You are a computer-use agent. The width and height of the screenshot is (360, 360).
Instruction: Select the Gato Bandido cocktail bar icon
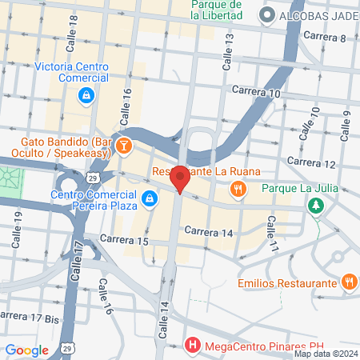point(125,146)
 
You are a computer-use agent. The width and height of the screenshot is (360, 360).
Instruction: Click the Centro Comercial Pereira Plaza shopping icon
point(149,198)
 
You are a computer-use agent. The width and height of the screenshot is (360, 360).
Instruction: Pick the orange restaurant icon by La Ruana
point(238,189)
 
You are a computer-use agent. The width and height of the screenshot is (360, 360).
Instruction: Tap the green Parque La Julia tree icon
point(317,206)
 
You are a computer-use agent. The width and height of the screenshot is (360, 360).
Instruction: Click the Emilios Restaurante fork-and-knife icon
point(349,282)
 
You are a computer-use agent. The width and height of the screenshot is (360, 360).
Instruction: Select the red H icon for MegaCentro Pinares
point(192,346)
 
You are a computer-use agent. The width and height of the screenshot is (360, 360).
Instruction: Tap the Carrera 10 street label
point(256,93)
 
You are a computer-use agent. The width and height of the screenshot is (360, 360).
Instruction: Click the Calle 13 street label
point(227,49)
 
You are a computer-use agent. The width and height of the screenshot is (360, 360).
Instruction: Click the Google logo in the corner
point(27,350)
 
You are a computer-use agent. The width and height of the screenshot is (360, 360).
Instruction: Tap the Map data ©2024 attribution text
point(326,354)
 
